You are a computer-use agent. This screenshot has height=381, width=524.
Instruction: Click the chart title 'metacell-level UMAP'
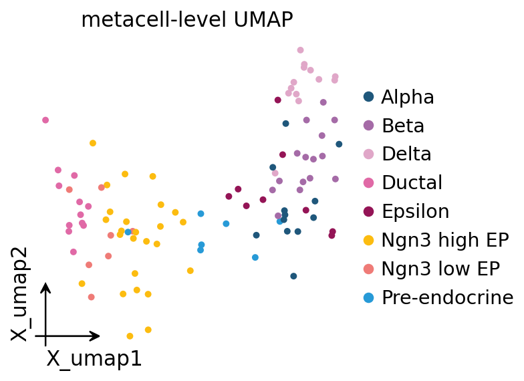pos(187,19)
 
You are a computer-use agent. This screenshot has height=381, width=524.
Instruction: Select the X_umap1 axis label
pos(94,359)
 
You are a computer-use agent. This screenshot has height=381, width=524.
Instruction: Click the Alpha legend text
pos(408,98)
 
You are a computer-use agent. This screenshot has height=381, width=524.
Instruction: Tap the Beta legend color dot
pos(368,126)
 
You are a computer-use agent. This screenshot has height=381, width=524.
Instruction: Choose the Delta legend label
pos(406,154)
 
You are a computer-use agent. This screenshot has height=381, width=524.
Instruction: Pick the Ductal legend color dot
pos(368,183)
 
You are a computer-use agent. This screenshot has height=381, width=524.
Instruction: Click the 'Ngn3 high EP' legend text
pos(445,240)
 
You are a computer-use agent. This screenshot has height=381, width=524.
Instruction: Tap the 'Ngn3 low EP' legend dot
pos(368,269)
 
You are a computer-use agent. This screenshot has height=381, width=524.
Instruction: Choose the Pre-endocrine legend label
pos(448,297)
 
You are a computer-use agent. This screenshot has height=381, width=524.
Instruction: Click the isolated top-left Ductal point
pos(45,120)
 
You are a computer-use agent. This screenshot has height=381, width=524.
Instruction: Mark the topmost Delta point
pos(301,50)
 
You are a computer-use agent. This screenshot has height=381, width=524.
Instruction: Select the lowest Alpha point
pos(293,276)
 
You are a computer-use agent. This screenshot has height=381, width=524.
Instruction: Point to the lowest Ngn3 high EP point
pos(130,336)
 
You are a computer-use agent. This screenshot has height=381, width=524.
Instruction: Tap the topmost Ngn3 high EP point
pos(93,143)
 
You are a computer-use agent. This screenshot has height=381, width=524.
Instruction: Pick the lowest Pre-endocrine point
pos(255,257)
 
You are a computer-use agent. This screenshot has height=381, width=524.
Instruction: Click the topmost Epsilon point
pos(278,100)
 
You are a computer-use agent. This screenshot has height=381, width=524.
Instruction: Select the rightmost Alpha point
pos(339,144)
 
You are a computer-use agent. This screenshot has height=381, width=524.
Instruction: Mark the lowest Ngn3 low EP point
pos(91,297)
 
